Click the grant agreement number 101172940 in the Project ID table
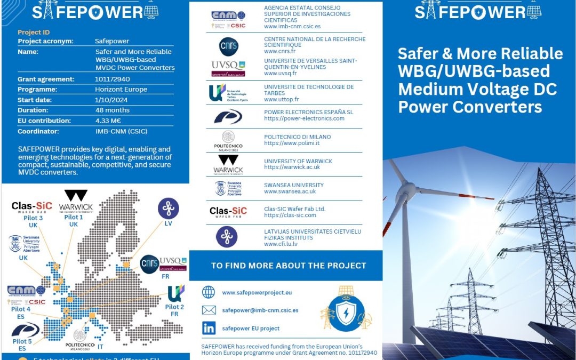[x=113, y=79]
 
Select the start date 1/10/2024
[x=109, y=100]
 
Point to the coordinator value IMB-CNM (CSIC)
[x=121, y=131]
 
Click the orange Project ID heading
[x=34, y=33]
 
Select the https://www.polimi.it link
[x=291, y=143]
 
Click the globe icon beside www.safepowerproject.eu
[x=209, y=292]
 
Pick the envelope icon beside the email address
[x=209, y=310]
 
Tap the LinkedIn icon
[x=209, y=328]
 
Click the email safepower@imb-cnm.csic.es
[x=260, y=310]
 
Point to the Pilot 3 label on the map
[x=33, y=218]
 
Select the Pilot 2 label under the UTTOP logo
[x=174, y=307]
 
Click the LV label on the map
[x=168, y=223]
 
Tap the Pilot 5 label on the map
[x=22, y=341]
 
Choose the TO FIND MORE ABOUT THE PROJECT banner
[x=289, y=265]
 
